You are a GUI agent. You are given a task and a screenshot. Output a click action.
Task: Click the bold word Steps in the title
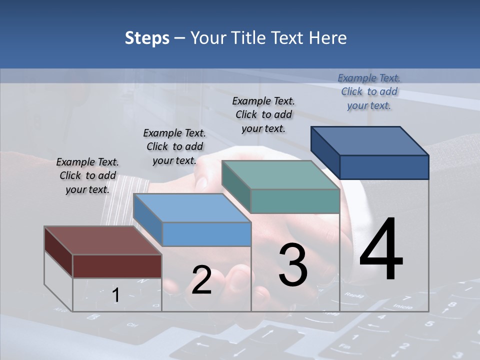point(147,38)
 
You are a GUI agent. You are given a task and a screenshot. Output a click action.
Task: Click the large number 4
point(381,250)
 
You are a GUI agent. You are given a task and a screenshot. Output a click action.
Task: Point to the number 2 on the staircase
point(201,280)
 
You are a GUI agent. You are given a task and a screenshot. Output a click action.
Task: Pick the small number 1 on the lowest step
point(115,295)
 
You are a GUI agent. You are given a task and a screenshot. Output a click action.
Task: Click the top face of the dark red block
point(102,240)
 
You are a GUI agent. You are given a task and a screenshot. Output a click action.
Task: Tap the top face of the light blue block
point(192,208)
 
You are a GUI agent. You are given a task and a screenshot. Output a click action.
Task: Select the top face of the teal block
point(280,175)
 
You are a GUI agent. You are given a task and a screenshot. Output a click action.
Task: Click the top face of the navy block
point(370,141)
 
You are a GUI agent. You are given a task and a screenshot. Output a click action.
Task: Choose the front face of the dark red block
point(117,266)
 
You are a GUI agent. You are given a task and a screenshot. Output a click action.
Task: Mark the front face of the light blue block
point(206,234)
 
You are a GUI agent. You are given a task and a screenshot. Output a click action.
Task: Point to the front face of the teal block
point(295,201)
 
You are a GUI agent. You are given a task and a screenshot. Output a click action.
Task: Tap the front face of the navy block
point(384,167)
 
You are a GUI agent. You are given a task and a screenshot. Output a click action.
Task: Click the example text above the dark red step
point(87,175)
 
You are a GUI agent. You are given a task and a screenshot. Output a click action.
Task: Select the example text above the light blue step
point(174,146)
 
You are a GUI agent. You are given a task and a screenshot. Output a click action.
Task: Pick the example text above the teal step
point(263,114)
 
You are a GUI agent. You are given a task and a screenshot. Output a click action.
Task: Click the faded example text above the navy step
point(369,91)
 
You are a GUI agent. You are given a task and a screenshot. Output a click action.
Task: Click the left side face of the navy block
point(325,152)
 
